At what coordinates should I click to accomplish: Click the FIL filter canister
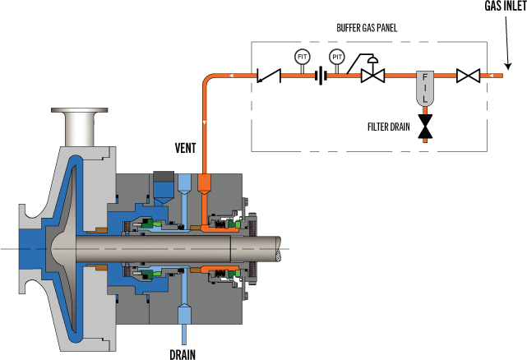425,88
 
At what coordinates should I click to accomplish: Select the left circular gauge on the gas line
303,57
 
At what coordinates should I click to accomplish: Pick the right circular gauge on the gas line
337,57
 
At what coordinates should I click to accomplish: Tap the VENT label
185,148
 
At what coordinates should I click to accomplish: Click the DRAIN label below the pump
183,353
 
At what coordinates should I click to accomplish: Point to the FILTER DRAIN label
388,127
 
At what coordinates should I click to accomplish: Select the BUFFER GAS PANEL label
367,28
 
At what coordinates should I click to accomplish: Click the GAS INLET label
503,6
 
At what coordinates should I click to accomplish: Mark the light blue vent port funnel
184,183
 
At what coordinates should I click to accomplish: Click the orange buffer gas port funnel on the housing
205,183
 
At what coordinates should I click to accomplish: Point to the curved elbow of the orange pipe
209,80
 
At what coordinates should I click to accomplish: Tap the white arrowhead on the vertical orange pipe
205,122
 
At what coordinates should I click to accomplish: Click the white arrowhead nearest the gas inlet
490,76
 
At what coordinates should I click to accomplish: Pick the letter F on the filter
425,76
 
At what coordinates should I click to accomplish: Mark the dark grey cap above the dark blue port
164,177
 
